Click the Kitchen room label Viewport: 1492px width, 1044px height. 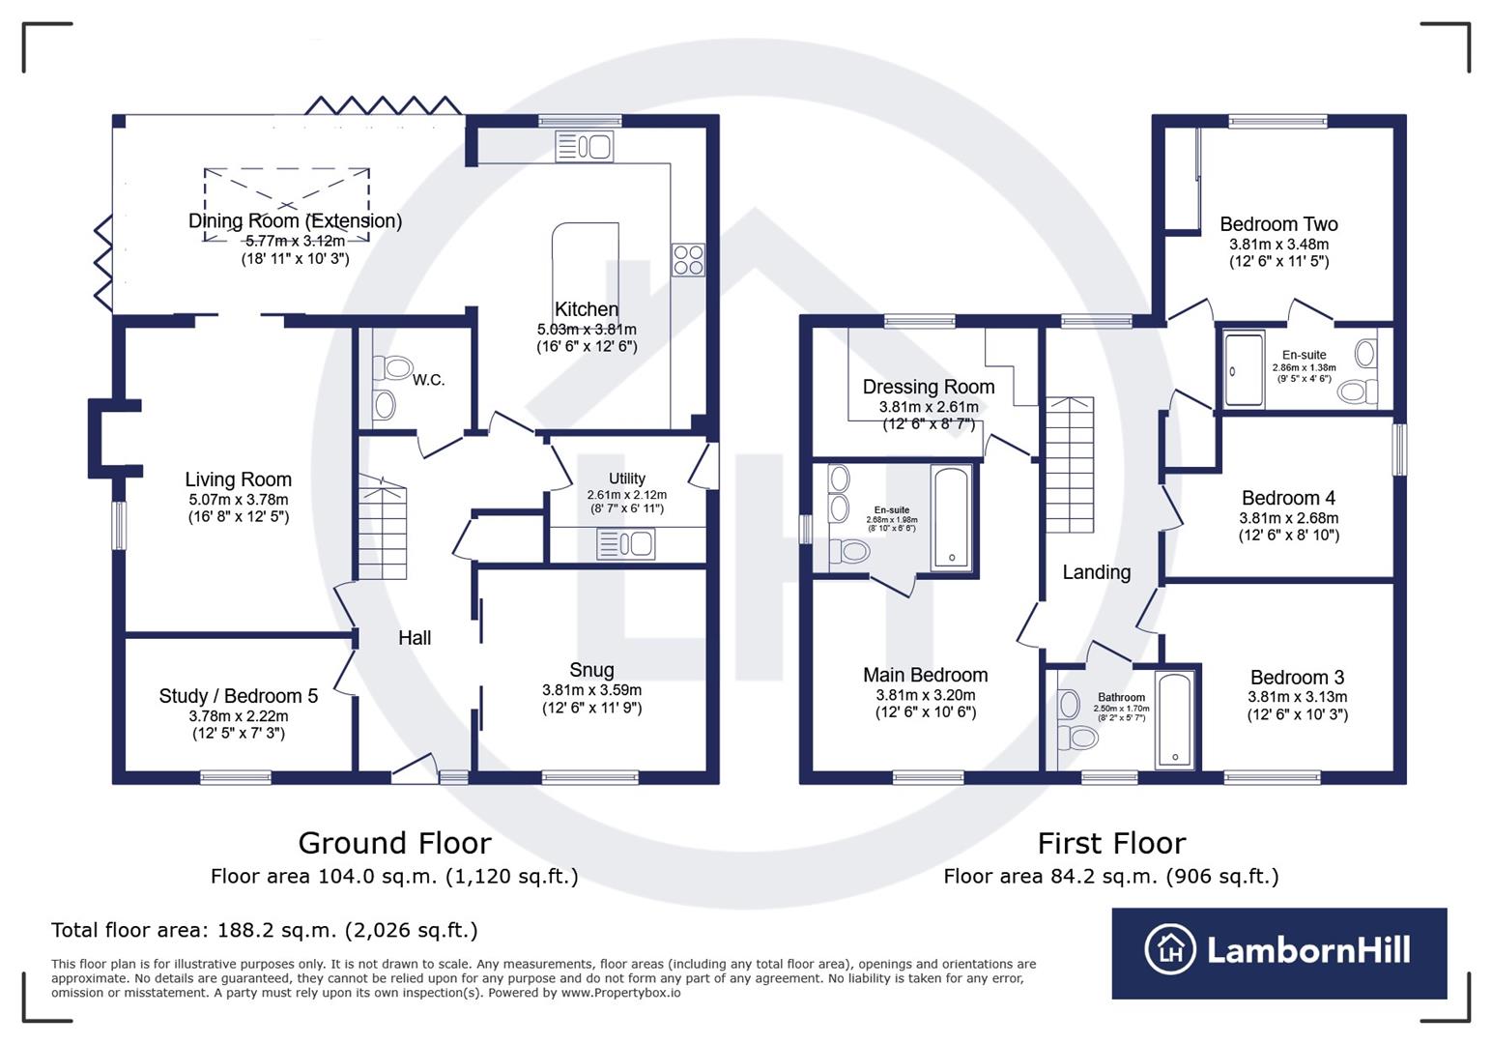tap(586, 309)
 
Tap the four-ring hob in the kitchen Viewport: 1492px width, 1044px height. tap(688, 260)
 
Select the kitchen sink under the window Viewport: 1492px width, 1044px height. tap(585, 147)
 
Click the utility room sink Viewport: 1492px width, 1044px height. tap(626, 544)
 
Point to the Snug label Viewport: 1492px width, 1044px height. tap(591, 670)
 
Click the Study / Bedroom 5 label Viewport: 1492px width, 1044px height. tap(238, 696)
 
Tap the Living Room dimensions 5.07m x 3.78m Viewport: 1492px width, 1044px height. tap(238, 500)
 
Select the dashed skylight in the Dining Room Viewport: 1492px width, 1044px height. tap(286, 205)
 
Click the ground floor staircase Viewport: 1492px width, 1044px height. tap(383, 528)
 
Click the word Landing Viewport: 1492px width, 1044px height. tap(1096, 572)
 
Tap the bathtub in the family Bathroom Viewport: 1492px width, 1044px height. tap(1175, 719)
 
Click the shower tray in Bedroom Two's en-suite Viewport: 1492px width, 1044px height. tap(1244, 369)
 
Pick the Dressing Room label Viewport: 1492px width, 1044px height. tap(928, 387)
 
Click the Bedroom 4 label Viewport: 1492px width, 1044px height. tap(1288, 498)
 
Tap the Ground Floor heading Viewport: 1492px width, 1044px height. tap(394, 843)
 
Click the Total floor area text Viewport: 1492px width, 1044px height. tap(264, 930)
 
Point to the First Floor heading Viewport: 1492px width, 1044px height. tap(1111, 843)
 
